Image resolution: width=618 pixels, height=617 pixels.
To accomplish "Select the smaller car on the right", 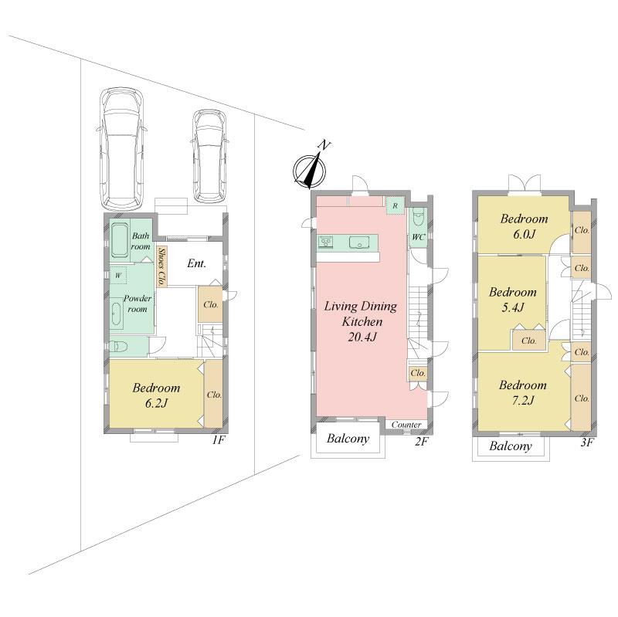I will coord(208,156).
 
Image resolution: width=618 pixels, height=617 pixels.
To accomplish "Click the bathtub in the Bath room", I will coord(120,239).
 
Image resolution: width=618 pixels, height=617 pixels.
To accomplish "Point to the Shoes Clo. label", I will coord(161,266).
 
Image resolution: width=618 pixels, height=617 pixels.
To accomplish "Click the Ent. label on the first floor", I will coord(196,263).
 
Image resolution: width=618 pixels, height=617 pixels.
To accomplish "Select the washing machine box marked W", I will coord(119,275).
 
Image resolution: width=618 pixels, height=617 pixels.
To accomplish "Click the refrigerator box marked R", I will coord(395,205).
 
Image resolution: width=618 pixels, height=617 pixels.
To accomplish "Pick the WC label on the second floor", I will coord(418,237).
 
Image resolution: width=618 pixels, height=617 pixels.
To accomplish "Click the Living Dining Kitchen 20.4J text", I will coord(360,320).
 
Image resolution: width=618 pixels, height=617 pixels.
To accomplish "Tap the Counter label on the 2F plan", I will coord(406,425).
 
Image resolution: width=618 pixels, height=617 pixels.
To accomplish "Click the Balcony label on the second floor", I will coord(348,440).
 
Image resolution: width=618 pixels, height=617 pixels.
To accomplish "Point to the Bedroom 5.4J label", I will coord(512,300).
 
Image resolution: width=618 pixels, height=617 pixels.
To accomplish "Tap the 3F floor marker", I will coord(586,442).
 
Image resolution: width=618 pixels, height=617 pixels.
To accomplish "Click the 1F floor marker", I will coord(218,440).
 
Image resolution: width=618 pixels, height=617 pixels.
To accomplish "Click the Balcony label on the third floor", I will coord(511,446).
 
